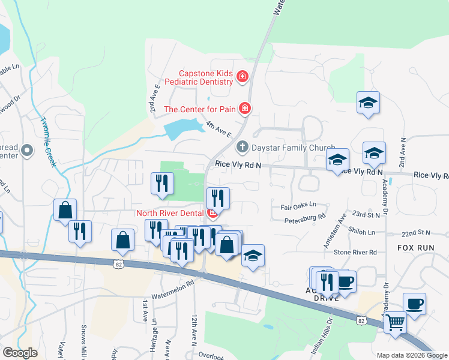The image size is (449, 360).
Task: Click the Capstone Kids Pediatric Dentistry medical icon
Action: click(x=243, y=76)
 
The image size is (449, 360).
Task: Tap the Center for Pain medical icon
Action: click(x=245, y=109)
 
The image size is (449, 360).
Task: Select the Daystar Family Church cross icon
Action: click(x=242, y=146)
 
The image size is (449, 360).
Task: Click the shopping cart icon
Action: click(x=395, y=322)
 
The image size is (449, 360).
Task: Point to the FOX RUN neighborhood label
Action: click(x=414, y=247)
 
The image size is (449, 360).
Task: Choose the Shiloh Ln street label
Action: click(x=363, y=232)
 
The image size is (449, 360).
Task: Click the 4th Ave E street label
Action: click(x=218, y=128)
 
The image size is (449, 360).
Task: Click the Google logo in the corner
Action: click(x=20, y=353)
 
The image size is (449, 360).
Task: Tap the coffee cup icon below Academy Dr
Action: click(x=414, y=304)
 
